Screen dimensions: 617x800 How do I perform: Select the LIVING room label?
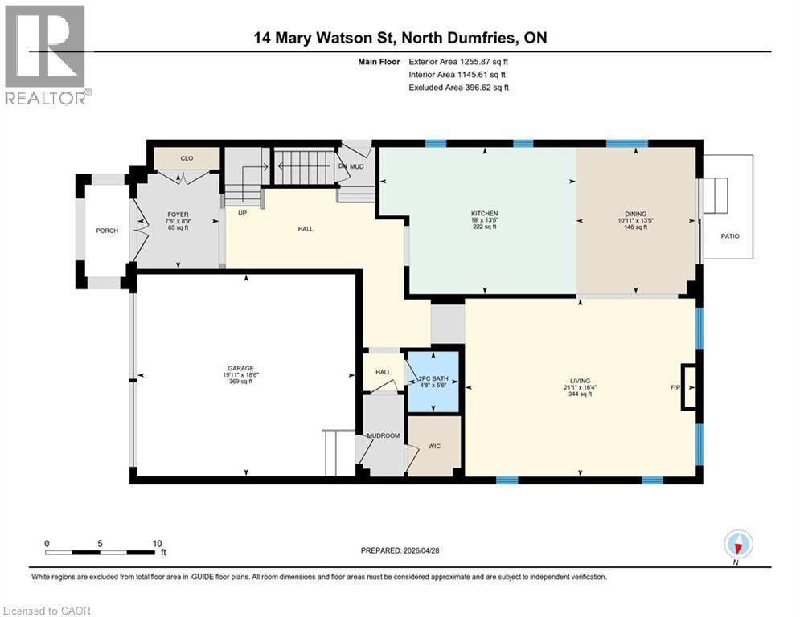pyautogui.click(x=580, y=381)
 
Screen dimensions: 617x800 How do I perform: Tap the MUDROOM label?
pyautogui.click(x=383, y=437)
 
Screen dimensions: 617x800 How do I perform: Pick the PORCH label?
pyautogui.click(x=107, y=231)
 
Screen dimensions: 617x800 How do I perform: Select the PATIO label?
pyautogui.click(x=729, y=235)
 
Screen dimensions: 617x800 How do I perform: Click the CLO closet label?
pyautogui.click(x=187, y=158)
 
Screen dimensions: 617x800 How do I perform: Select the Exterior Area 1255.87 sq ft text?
pyautogui.click(x=458, y=61)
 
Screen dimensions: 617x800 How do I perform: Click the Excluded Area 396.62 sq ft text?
pyautogui.click(x=458, y=88)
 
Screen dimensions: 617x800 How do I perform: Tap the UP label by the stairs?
pyautogui.click(x=241, y=213)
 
